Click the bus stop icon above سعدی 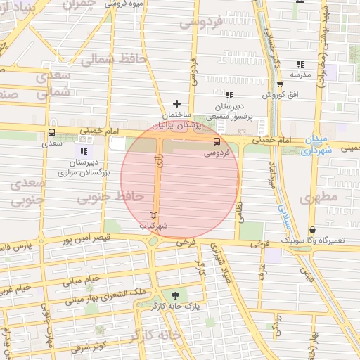52,133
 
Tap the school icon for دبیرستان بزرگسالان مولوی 84,150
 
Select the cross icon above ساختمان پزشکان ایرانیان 176,103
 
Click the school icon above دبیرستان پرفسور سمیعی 229,95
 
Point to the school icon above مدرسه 301,64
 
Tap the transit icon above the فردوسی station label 216,141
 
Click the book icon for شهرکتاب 154,215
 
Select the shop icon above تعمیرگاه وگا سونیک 312,229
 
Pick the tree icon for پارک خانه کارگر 175,295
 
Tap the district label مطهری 319,198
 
